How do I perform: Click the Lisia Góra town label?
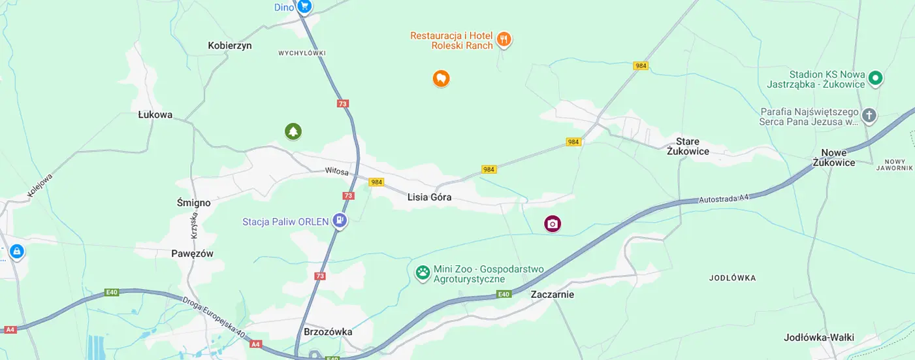[x=429, y=197]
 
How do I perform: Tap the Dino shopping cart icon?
[x=304, y=7]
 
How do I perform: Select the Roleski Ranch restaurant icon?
[x=504, y=40]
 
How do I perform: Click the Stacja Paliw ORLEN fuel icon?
[x=339, y=221]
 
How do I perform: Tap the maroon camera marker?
[x=553, y=224]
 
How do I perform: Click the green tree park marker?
[x=293, y=132]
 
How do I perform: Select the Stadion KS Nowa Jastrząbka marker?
[x=875, y=79]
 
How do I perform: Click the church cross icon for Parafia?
[x=869, y=116]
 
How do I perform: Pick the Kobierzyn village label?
[x=229, y=46]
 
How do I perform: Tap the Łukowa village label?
[x=155, y=115]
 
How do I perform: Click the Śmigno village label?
[x=193, y=203]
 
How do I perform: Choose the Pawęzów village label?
[x=192, y=254]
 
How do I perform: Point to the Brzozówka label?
[x=328, y=332]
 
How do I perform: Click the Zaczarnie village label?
[x=552, y=294]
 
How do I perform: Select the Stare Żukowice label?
[x=688, y=146]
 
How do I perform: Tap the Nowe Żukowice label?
[x=833, y=157]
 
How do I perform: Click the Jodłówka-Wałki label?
[x=818, y=338]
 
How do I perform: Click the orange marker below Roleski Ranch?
[x=441, y=79]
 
